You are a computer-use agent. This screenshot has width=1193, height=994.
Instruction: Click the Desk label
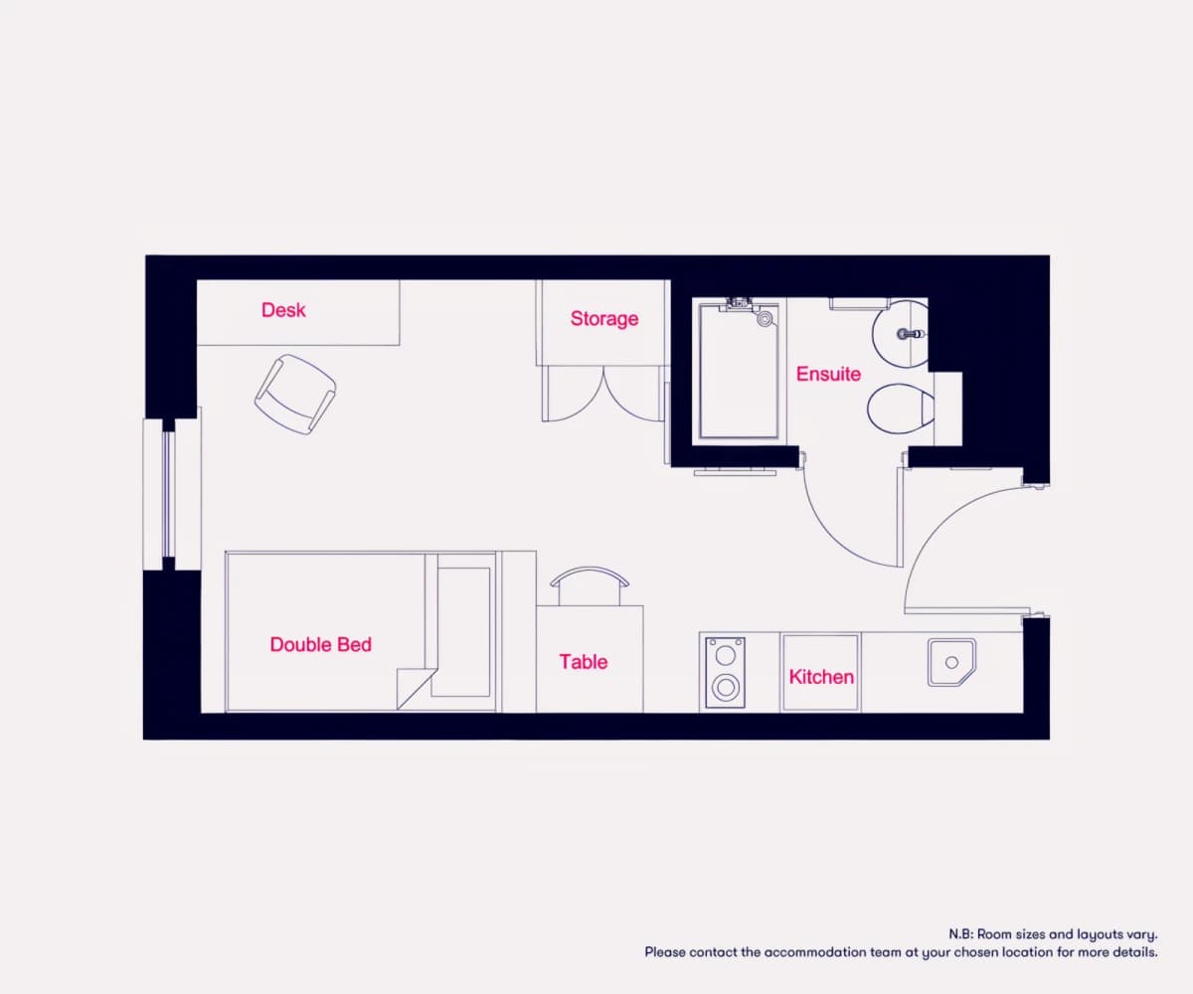[x=283, y=310]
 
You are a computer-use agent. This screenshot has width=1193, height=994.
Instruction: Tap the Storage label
[x=604, y=319]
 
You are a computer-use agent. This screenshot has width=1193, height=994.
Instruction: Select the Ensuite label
[x=828, y=374]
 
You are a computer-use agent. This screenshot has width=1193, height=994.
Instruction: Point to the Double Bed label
[x=320, y=645]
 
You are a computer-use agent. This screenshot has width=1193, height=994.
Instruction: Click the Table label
[x=584, y=662]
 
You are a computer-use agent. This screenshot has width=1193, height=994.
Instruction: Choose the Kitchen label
[x=821, y=677]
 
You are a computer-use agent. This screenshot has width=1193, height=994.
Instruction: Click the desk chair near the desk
[x=295, y=395]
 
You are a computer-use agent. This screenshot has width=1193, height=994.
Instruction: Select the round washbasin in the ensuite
[x=900, y=334]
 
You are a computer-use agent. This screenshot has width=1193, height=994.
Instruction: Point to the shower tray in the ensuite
[x=739, y=372]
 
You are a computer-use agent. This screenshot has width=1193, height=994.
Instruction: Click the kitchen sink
[x=951, y=663]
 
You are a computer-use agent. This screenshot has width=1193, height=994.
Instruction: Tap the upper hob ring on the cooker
[x=726, y=655]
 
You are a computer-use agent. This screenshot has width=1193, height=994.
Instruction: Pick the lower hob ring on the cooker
[x=726, y=687]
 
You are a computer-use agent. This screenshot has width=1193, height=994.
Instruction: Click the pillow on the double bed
[x=463, y=632]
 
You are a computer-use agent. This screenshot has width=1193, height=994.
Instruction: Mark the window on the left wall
[x=169, y=494]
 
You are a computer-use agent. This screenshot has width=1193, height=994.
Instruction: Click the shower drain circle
[x=766, y=319]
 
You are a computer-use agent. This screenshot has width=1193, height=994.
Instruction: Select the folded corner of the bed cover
[x=414, y=689]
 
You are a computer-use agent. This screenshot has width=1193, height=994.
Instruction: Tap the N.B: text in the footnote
[x=960, y=934]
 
